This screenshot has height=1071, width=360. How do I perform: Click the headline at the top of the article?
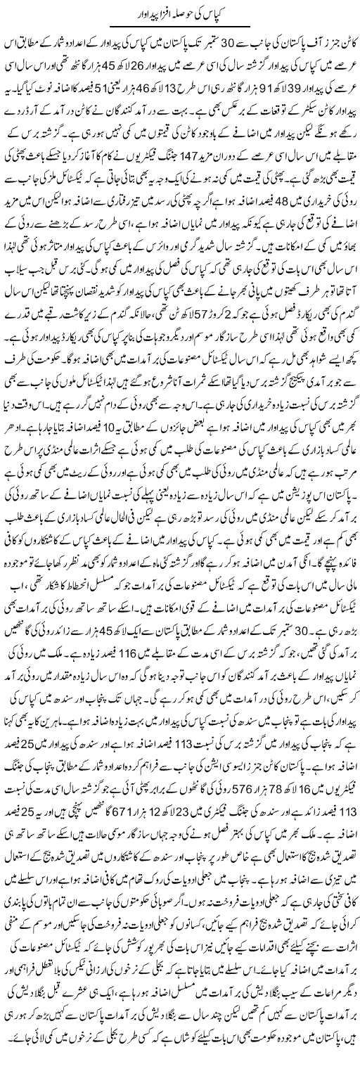coord(179,13)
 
